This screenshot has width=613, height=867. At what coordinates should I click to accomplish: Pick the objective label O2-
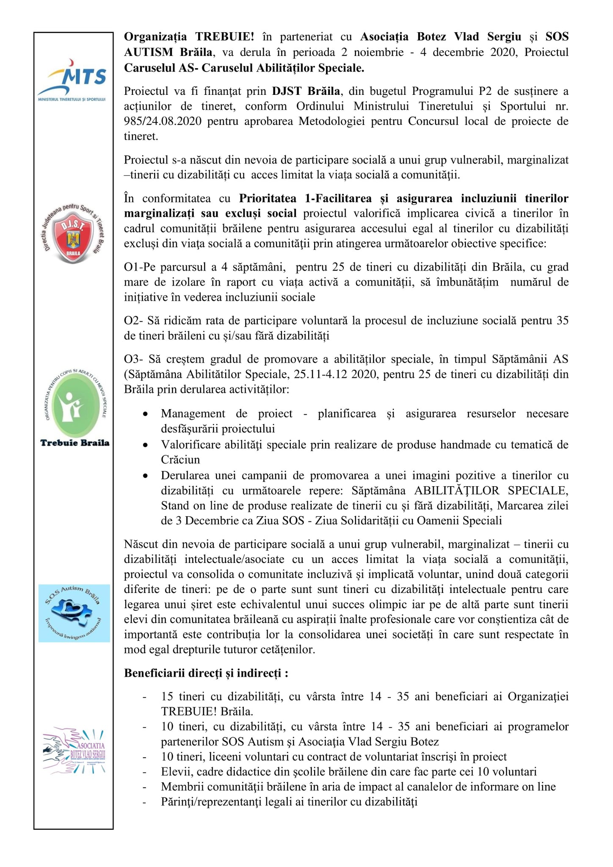133,321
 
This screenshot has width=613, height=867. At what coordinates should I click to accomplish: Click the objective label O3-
133,359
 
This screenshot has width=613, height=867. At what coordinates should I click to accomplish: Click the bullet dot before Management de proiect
145,414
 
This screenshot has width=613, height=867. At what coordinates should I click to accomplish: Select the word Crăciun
180,460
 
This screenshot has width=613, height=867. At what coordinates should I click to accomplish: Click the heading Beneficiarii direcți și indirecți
206,673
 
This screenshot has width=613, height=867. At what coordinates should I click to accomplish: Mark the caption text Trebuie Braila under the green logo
75,443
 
